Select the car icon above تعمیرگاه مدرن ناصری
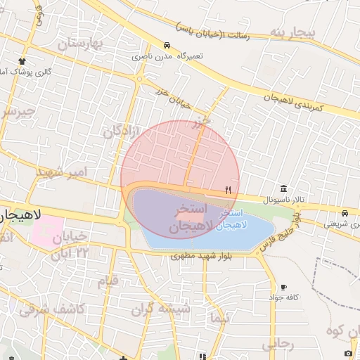pos(166,44)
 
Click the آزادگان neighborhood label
pos(122,128)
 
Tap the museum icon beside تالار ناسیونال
pos(283,188)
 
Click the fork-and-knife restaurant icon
pos(228,190)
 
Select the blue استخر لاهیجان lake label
pos(232,219)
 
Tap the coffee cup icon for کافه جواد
pos(283,287)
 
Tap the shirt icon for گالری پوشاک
pos(23,61)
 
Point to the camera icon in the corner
pos(348,352)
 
